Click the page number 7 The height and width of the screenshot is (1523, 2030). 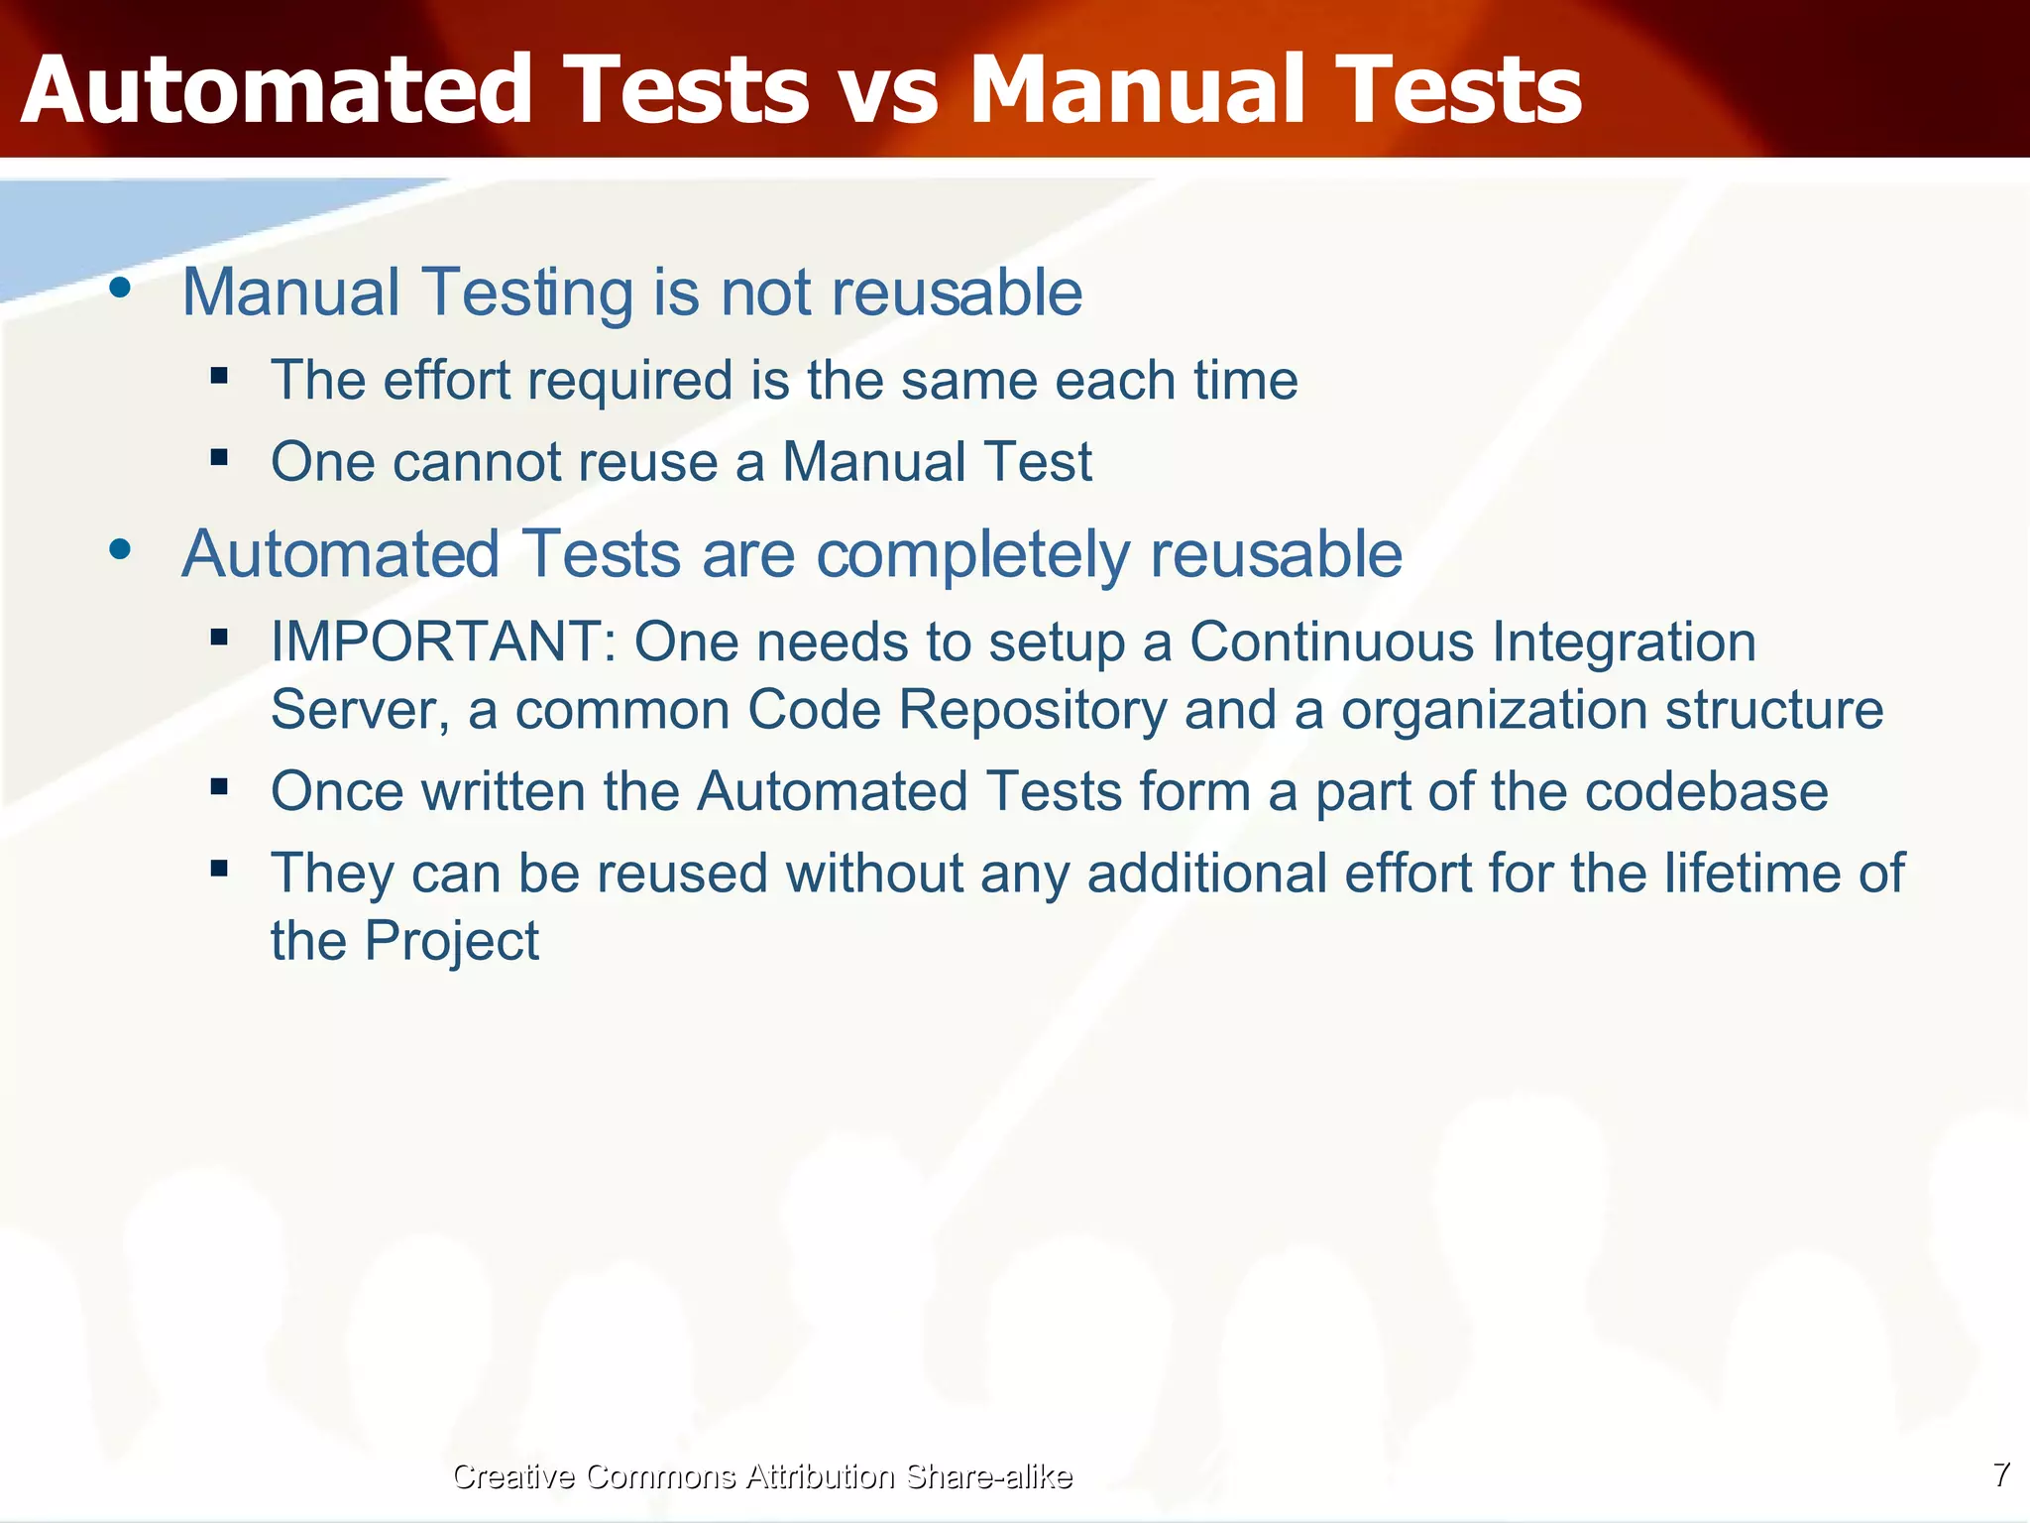2001,1474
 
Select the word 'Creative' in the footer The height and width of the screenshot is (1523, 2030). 512,1476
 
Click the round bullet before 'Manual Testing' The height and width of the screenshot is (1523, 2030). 120,289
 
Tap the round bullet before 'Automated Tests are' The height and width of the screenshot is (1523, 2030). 120,549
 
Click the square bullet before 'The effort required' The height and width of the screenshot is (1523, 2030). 219,376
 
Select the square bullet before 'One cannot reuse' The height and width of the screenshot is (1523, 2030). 219,457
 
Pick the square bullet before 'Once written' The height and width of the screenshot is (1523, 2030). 219,787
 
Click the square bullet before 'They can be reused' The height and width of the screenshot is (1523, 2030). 219,869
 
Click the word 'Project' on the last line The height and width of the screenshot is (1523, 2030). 451,941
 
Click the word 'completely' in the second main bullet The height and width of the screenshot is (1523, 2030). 972,554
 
